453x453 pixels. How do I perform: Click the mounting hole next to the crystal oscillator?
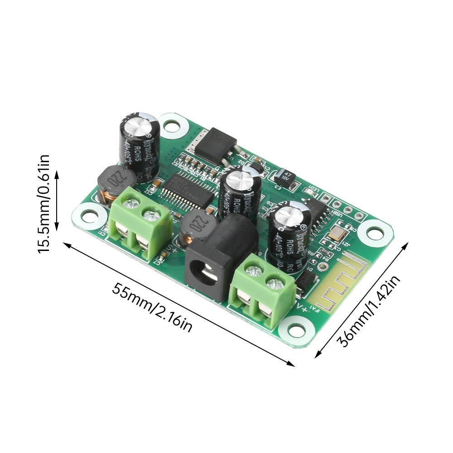coord(375,233)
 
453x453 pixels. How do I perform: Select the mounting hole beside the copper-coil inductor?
coord(89,216)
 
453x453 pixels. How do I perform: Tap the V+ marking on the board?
coord(302,308)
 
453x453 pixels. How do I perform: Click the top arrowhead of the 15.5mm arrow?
coord(57,173)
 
